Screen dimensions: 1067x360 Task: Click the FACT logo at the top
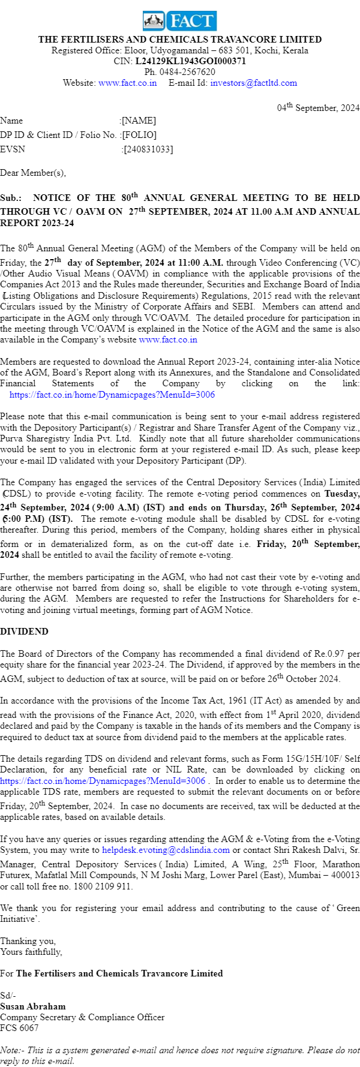pos(180,21)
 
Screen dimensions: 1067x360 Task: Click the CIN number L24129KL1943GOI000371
pos(190,61)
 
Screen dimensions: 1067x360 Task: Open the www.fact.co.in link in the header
pos(127,83)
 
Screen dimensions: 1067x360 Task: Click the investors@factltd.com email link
pos(253,83)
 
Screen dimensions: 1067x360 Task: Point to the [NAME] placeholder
pos(139,121)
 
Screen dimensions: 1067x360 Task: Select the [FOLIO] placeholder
pos(139,135)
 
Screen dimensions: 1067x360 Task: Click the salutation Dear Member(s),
pos(33,173)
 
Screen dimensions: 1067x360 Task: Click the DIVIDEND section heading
pos(24,632)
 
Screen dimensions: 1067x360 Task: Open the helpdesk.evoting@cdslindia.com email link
pos(166,850)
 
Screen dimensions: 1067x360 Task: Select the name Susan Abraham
pos(33,1006)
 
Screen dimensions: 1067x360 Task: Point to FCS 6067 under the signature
pos(19,1028)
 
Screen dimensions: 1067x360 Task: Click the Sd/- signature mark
pos(8,996)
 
